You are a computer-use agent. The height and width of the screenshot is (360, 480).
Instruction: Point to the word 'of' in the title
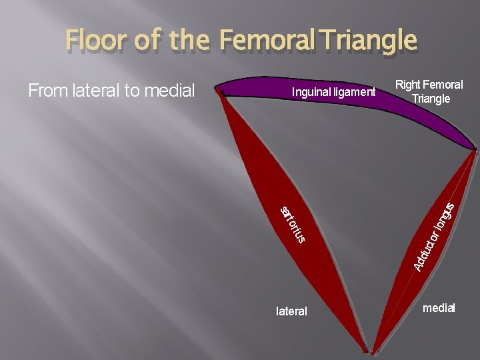pos(147,41)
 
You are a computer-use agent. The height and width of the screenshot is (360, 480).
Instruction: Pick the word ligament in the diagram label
pos(355,92)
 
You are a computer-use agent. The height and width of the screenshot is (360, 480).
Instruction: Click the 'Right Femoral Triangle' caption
pos(429,92)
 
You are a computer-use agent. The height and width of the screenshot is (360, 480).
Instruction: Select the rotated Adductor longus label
pos(434,237)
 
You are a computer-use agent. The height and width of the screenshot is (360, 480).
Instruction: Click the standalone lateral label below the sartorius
pos(291,311)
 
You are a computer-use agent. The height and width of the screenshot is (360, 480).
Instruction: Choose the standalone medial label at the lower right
pos(438,308)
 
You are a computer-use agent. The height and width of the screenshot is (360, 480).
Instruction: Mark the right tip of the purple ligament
pos(475,148)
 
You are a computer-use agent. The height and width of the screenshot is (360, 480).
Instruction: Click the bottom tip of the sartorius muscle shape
pos(366,351)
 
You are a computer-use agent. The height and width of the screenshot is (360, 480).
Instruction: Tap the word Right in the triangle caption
pos(407,85)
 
